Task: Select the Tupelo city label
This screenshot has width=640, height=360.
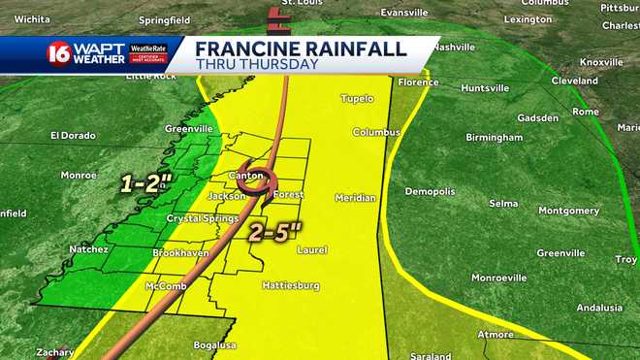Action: point(357,98)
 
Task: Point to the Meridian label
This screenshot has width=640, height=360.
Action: point(355,198)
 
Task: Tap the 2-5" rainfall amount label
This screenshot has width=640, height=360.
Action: point(275,231)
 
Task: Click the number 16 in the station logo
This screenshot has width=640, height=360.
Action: point(57,52)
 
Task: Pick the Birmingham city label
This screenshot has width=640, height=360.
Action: point(495,138)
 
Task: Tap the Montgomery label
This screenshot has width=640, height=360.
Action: point(569,211)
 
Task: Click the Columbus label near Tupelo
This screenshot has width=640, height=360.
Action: point(376,132)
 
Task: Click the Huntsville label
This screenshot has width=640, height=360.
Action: point(484,88)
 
